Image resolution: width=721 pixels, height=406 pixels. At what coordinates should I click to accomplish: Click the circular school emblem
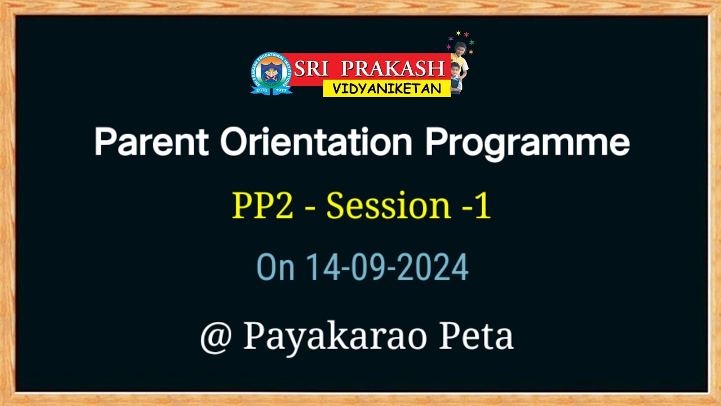coord(271,73)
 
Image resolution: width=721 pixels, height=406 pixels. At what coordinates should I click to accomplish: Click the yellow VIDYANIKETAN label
coord(386,89)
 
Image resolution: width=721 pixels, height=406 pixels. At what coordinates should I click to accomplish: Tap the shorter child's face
coord(455,70)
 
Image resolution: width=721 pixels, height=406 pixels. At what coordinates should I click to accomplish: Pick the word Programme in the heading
coord(527,143)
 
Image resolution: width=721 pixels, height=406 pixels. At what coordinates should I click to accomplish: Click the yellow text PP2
coord(262,205)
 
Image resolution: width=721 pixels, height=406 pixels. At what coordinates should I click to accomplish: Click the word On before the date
coord(275,267)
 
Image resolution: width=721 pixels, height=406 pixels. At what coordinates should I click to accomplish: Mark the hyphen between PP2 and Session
coord(310,208)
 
